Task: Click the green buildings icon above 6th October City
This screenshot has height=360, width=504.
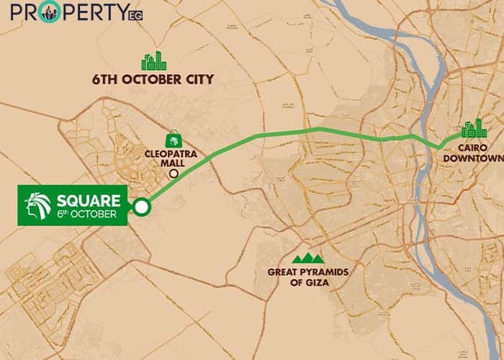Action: [x=153, y=61]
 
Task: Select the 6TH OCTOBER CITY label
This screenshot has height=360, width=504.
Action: [x=153, y=79]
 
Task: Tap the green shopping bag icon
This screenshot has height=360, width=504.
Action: [x=173, y=139]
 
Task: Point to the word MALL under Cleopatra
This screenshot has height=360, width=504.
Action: [x=173, y=163]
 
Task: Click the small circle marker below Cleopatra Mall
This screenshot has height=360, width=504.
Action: [x=173, y=174]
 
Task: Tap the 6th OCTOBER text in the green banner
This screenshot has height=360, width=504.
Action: [x=87, y=215]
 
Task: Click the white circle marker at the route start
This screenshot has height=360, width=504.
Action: [x=141, y=207]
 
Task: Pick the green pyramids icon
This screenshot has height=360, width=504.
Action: [x=307, y=258]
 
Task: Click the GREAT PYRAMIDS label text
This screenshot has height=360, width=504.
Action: [x=307, y=272]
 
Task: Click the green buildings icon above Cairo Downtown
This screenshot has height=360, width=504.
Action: [x=474, y=129]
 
